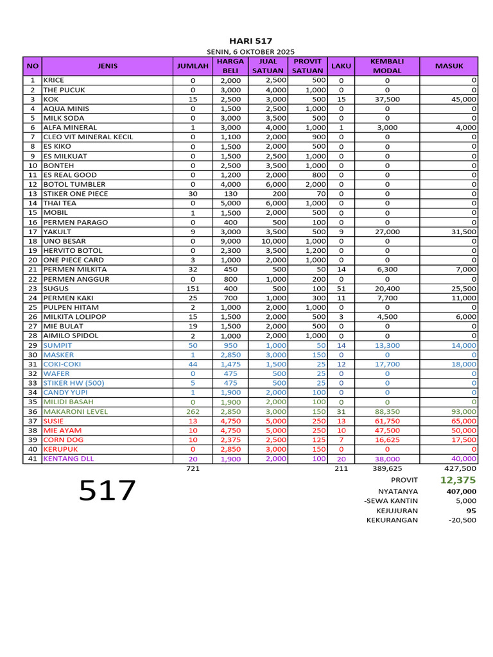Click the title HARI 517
click(x=246, y=41)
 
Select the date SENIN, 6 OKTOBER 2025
click(x=250, y=51)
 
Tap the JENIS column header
click(x=107, y=66)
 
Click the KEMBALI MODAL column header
click(x=387, y=66)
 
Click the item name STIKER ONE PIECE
click(x=75, y=194)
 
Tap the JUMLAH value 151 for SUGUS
click(x=193, y=289)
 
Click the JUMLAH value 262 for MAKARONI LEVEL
click(x=193, y=412)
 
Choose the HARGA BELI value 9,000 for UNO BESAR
click(x=229, y=241)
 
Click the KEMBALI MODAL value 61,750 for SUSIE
click(x=387, y=421)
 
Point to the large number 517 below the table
click(x=108, y=491)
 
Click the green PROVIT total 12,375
click(x=458, y=480)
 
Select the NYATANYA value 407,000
click(x=461, y=491)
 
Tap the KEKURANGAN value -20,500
click(x=462, y=520)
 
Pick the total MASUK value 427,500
click(x=460, y=469)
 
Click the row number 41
click(x=32, y=459)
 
